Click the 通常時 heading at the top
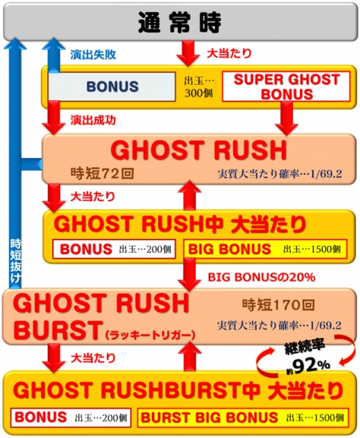point(179,23)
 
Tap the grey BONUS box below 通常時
point(112,87)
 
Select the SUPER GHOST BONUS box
point(286,87)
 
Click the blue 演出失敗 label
point(93,55)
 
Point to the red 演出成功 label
point(93,120)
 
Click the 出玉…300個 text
point(199,87)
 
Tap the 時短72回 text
point(102,173)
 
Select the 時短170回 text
point(279,305)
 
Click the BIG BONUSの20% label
point(261,277)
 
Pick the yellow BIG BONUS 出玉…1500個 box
point(266,249)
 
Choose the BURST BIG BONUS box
point(243,417)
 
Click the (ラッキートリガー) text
point(151,335)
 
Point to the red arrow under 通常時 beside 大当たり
point(188,53)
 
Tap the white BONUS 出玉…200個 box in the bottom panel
point(71,417)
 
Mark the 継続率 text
point(305,348)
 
